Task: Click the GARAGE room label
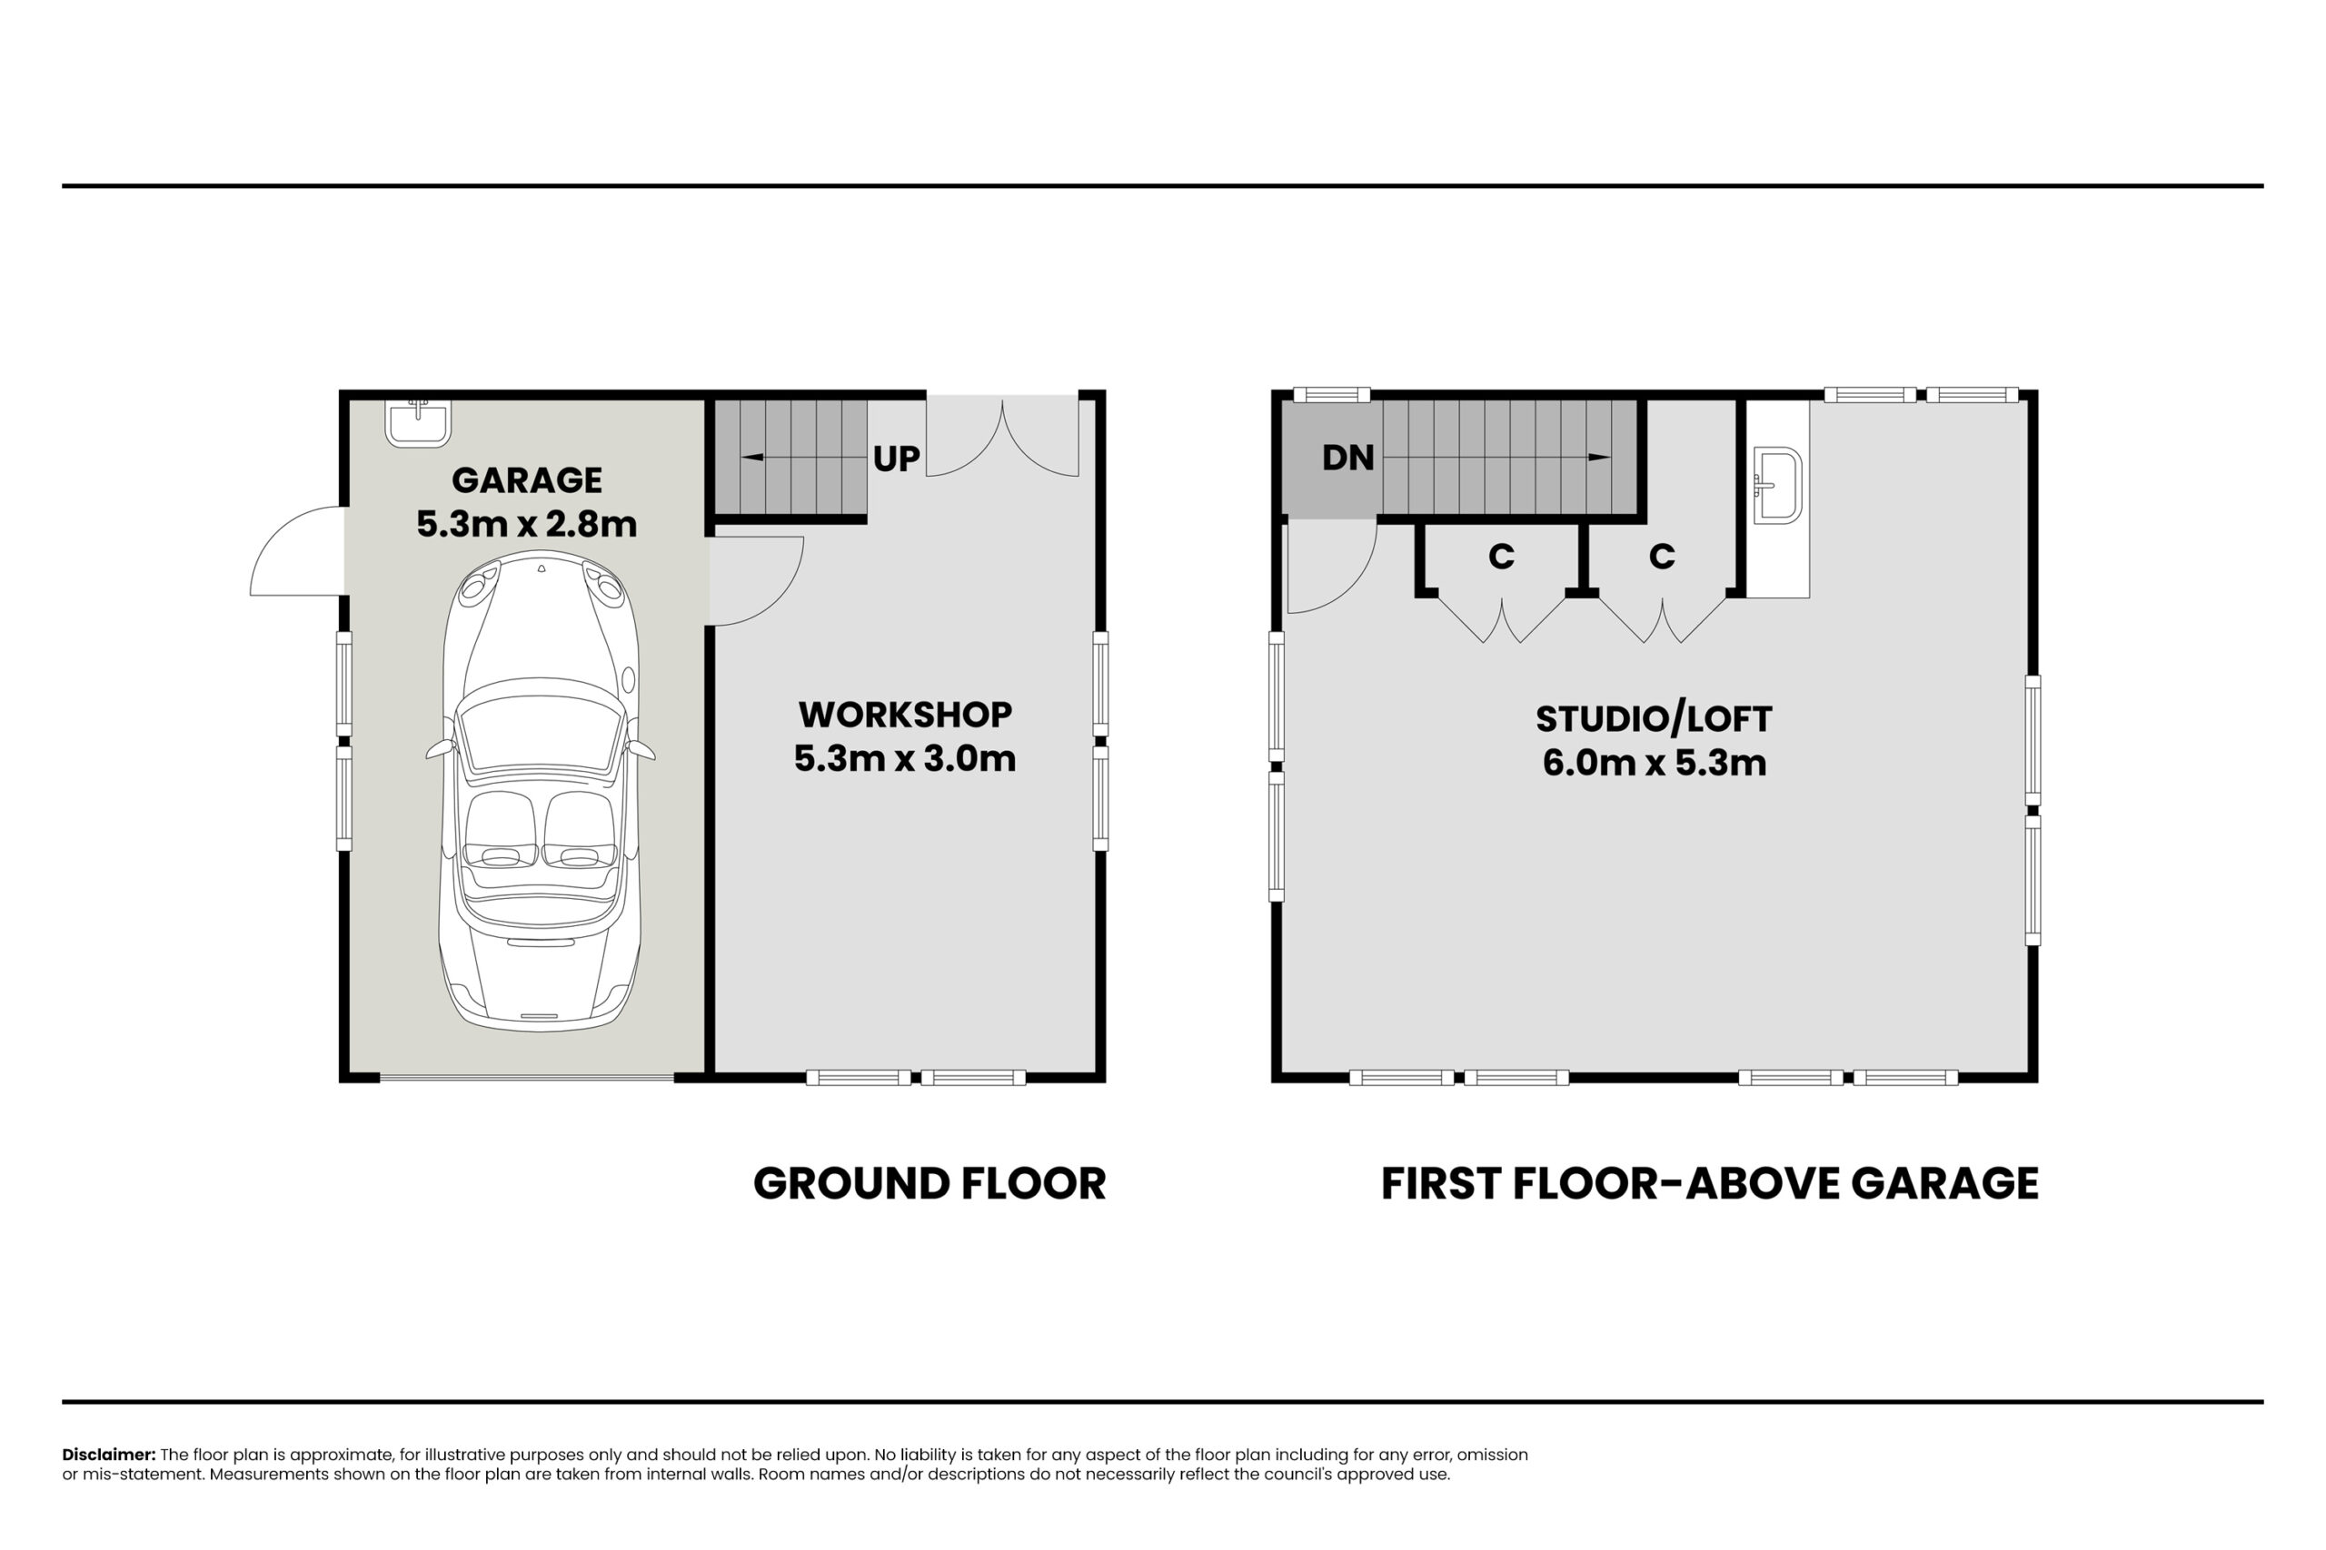[526, 480]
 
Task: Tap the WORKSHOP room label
[905, 714]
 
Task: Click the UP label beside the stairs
[896, 459]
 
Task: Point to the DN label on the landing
[1348, 458]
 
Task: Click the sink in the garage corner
[418, 423]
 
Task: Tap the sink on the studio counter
[1777, 484]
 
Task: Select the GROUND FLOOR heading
[929, 1184]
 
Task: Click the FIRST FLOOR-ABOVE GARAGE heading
[1710, 1184]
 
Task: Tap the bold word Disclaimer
[109, 1454]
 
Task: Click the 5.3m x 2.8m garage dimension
[526, 524]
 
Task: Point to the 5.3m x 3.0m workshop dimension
[905, 758]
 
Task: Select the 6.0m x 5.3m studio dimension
[1655, 763]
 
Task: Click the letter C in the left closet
[1501, 557]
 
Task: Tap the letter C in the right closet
[1662, 557]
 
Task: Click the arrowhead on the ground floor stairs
[750, 458]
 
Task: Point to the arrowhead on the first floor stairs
[1599, 458]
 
